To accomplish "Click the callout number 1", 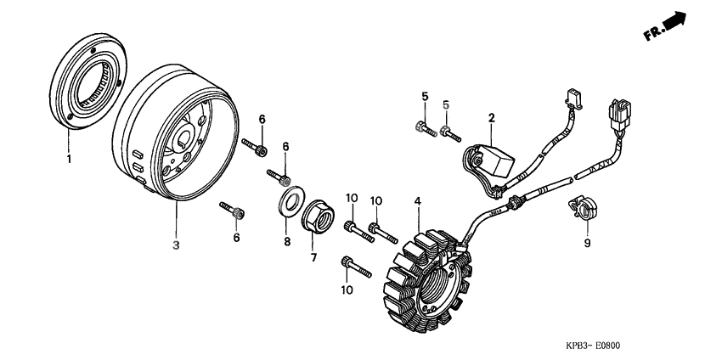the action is click(69, 160).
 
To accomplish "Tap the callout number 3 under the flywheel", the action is click(176, 245).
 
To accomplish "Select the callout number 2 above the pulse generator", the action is click(491, 118).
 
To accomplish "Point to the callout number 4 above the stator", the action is click(417, 201).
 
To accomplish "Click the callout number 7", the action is click(313, 258).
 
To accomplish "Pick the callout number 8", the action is click(287, 242).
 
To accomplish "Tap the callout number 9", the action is click(587, 243).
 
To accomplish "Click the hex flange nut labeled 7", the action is click(318, 216).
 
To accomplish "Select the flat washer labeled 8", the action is click(291, 200).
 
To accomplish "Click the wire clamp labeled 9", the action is click(582, 206).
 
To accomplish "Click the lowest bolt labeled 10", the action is click(357, 267).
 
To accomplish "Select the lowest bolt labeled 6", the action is click(232, 210).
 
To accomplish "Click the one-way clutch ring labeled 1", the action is click(88, 81).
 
